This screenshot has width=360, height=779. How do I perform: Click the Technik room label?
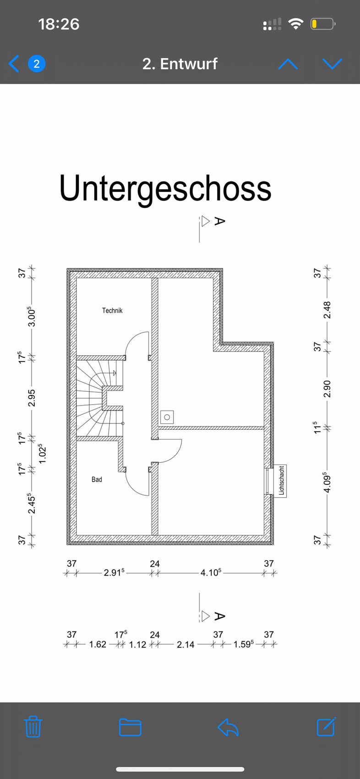[x=112, y=311]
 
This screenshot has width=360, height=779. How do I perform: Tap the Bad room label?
[x=97, y=479]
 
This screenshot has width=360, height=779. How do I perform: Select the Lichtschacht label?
[x=282, y=481]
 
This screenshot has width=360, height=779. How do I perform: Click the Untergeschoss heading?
[x=165, y=188]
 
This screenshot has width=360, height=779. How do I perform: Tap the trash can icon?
[x=33, y=727]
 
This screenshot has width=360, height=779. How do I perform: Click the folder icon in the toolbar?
[x=130, y=727]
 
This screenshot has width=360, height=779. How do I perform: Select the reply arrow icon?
[x=228, y=727]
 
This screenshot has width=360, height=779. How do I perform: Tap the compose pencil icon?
[x=326, y=727]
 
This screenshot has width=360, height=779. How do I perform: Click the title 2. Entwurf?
[x=180, y=64]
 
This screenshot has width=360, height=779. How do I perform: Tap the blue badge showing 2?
[x=37, y=64]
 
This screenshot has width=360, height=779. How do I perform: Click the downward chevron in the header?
[x=332, y=64]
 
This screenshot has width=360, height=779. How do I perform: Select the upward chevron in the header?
[x=288, y=64]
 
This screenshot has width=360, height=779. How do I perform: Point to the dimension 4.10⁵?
[x=211, y=572]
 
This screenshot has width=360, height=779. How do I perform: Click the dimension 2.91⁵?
[x=114, y=572]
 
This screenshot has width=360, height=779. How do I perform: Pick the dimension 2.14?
[x=185, y=645]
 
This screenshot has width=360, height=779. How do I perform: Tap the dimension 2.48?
[x=327, y=311]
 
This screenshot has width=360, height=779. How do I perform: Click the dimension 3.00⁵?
[x=32, y=317]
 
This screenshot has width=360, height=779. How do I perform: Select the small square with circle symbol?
[x=167, y=417]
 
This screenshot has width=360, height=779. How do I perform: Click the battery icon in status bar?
[x=323, y=24]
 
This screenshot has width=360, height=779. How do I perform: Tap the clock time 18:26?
[x=59, y=24]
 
